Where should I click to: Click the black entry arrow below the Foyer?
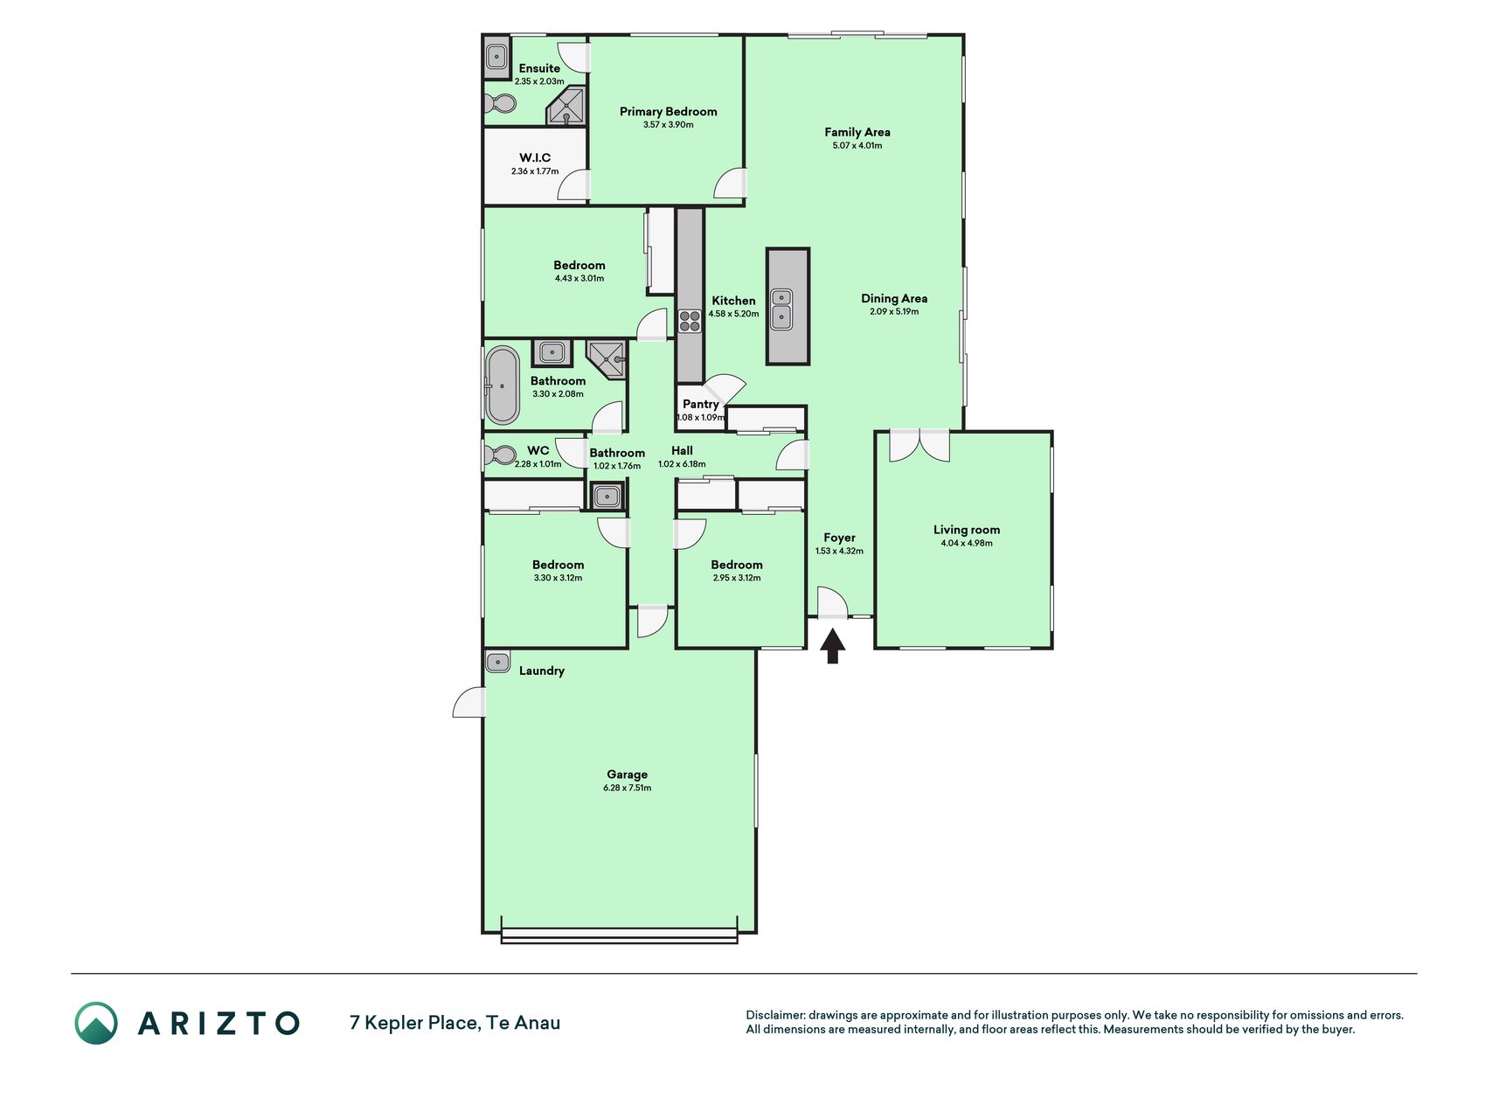[832, 646]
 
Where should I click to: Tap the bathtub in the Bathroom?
[502, 386]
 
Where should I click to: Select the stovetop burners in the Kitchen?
[690, 321]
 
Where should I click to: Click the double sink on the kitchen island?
[781, 309]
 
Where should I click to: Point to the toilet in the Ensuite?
[499, 104]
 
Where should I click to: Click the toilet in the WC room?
[500, 455]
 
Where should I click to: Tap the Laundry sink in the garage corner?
[497, 662]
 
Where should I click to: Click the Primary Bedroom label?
[669, 111]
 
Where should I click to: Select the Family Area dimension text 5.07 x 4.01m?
[857, 146]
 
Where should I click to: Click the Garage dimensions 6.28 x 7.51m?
[628, 788]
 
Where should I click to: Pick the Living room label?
[967, 529]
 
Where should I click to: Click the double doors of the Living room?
[919, 446]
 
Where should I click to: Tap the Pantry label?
[701, 404]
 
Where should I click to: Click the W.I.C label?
[535, 157]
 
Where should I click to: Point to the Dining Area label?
[894, 298]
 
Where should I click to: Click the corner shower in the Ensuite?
[566, 107]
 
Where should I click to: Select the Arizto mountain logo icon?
[96, 1023]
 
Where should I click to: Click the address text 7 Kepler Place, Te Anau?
[455, 1023]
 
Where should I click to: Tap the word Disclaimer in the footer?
[774, 1015]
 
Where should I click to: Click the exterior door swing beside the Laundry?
[468, 702]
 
